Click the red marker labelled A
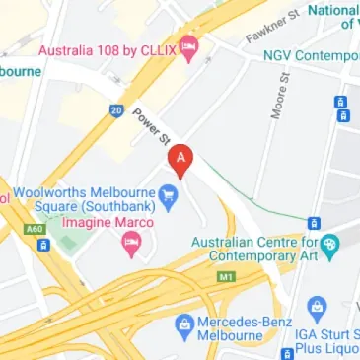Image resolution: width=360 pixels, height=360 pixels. pyautogui.click(x=180, y=158)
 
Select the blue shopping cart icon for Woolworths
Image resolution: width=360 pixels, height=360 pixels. pyautogui.click(x=169, y=194)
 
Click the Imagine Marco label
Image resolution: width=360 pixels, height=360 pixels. pyautogui.click(x=97, y=224)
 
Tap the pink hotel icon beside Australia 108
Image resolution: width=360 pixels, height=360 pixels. pyautogui.click(x=187, y=46)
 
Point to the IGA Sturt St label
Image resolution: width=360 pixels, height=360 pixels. pyautogui.click(x=325, y=337)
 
